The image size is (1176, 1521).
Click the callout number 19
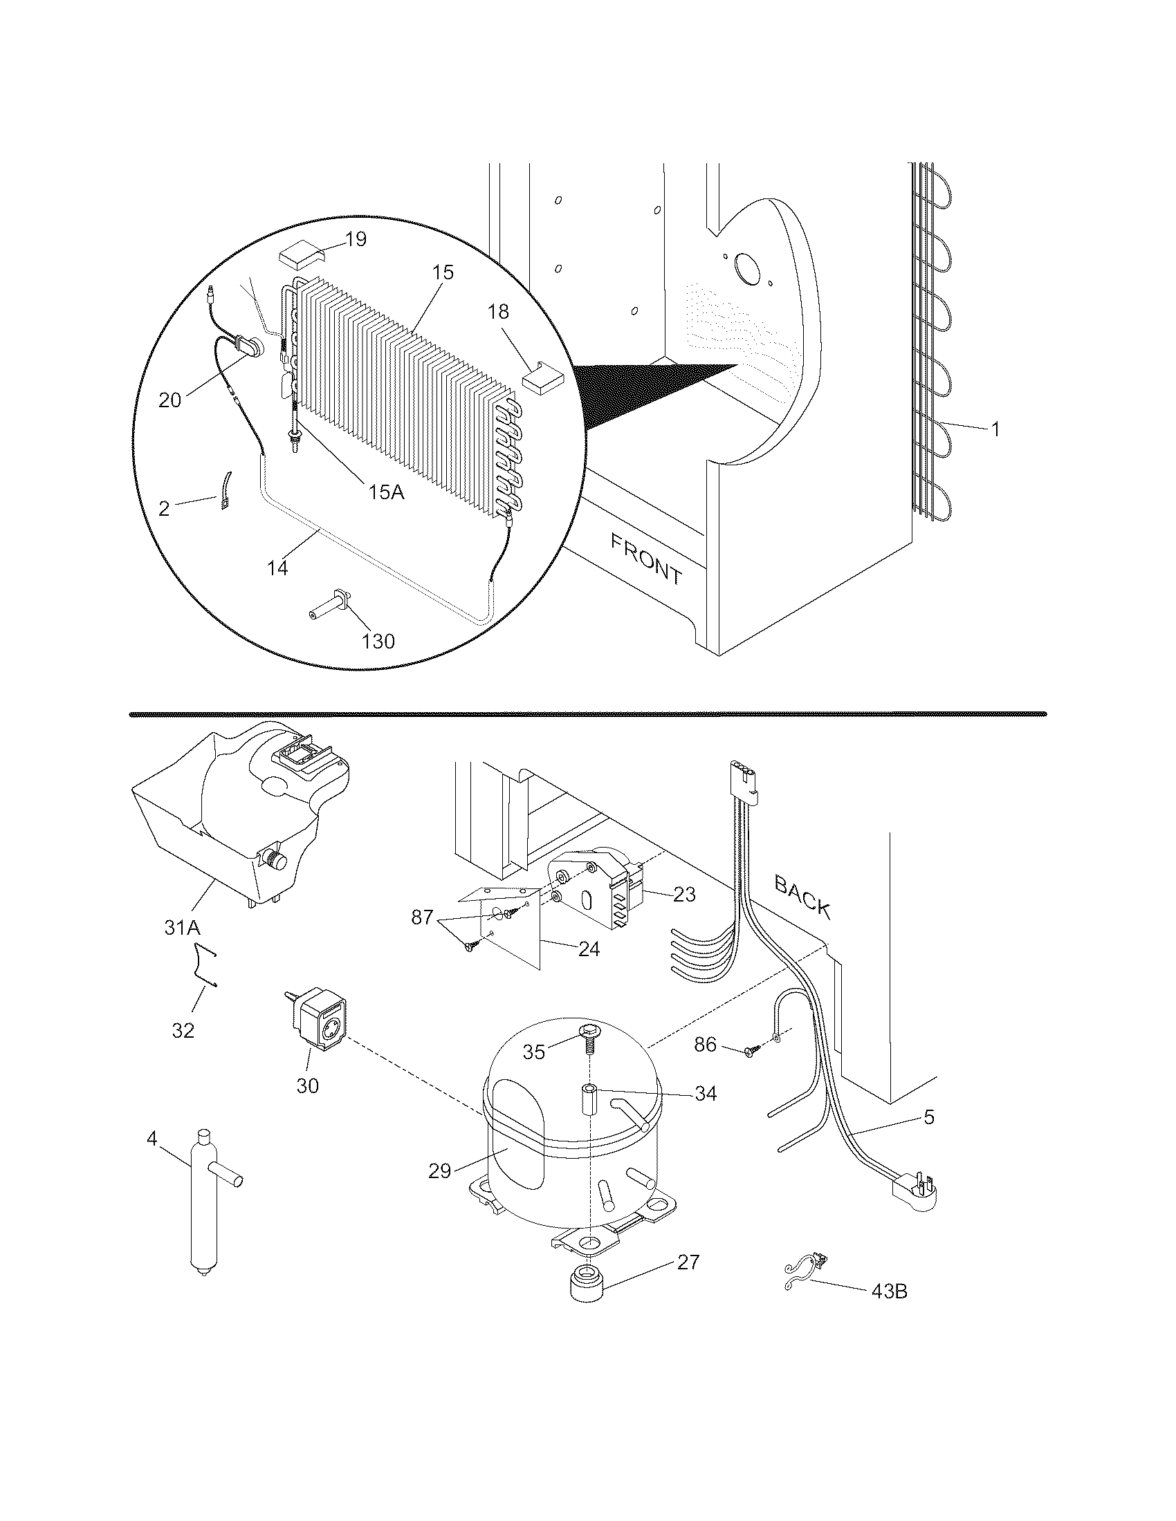(356, 240)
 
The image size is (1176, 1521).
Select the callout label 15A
(386, 492)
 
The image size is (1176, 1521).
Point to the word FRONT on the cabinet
(645, 558)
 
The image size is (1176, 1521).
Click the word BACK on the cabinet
(802, 897)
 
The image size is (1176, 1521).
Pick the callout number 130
(378, 641)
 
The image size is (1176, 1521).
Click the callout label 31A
(182, 927)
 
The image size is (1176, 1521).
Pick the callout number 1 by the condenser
(995, 430)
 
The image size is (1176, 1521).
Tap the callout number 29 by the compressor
(440, 1170)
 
